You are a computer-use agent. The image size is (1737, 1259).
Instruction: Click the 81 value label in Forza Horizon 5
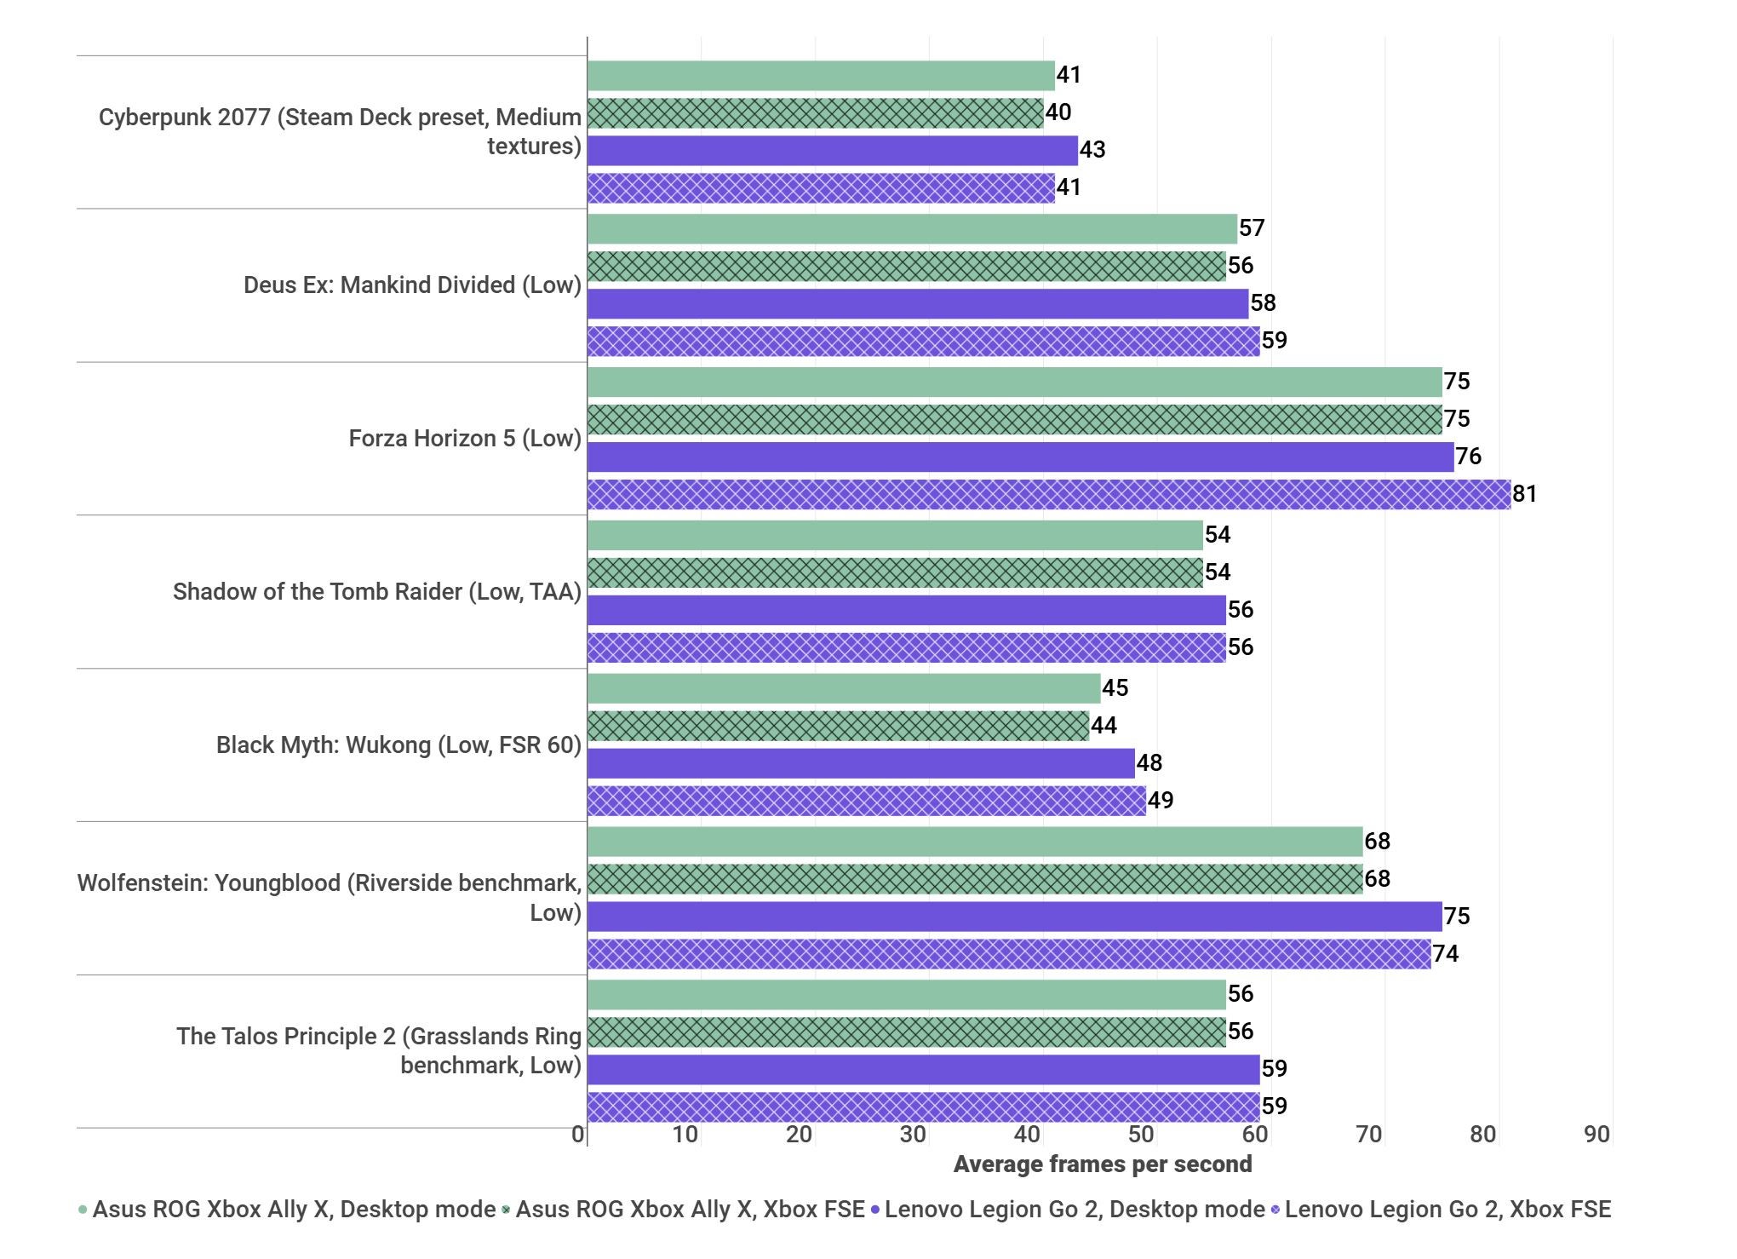click(x=1524, y=494)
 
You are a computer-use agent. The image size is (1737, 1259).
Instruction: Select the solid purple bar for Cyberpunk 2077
click(x=832, y=151)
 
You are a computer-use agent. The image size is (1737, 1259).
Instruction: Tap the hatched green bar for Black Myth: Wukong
click(x=838, y=726)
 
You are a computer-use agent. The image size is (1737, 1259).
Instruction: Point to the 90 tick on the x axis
click(x=1597, y=1135)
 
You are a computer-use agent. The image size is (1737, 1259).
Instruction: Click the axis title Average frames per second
click(x=1102, y=1164)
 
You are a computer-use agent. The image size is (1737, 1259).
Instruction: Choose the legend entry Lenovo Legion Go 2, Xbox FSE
click(x=1447, y=1210)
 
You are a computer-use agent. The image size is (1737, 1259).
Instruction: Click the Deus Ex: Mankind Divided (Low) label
click(x=412, y=285)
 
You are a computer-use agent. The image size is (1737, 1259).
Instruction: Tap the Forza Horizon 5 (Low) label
click(x=465, y=439)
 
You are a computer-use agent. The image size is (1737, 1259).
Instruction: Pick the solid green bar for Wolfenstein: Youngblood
click(x=974, y=842)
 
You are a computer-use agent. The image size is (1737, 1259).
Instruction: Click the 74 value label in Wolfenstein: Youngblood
click(x=1445, y=954)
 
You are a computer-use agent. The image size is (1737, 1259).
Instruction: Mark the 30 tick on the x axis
click(x=913, y=1135)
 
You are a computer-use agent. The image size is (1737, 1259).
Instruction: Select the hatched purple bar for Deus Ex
click(x=923, y=342)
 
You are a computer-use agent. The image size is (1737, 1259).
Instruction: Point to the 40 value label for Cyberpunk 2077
click(x=1058, y=112)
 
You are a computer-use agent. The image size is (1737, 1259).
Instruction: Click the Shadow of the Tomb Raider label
click(x=376, y=592)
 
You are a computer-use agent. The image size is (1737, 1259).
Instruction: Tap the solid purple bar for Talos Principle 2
click(x=923, y=1070)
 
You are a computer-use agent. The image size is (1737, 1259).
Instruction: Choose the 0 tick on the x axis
click(x=578, y=1135)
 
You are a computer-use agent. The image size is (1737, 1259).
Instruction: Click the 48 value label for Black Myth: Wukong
click(x=1149, y=763)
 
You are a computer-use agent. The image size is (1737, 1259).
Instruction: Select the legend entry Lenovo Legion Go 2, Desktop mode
click(x=1074, y=1210)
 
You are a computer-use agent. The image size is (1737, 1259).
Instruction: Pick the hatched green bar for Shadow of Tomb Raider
click(x=894, y=572)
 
